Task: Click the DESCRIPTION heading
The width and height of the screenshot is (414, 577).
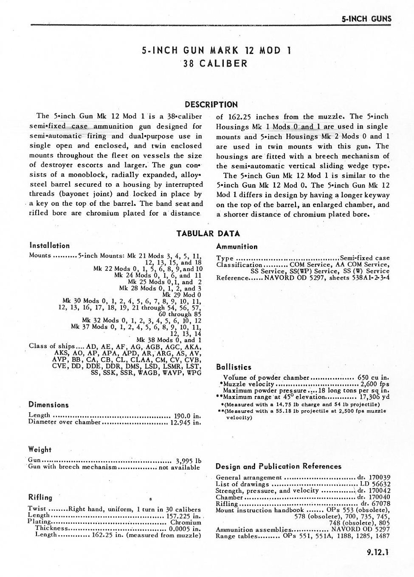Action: click(211, 105)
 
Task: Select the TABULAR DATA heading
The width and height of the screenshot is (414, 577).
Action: click(208, 233)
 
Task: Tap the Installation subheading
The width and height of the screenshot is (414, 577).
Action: click(49, 246)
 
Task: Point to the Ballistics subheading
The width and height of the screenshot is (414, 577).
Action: click(234, 367)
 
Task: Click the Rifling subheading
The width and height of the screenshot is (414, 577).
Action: click(40, 497)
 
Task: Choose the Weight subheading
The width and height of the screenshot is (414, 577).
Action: click(39, 449)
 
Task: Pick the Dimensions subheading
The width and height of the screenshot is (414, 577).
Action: click(48, 405)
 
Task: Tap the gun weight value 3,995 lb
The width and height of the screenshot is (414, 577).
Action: click(188, 460)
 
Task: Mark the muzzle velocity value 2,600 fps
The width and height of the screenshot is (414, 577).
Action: click(375, 384)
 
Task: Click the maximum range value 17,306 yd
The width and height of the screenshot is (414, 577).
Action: click(373, 397)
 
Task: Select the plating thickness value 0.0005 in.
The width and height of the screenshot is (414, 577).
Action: click(185, 529)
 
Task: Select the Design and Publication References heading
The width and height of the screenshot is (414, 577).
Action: click(279, 466)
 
